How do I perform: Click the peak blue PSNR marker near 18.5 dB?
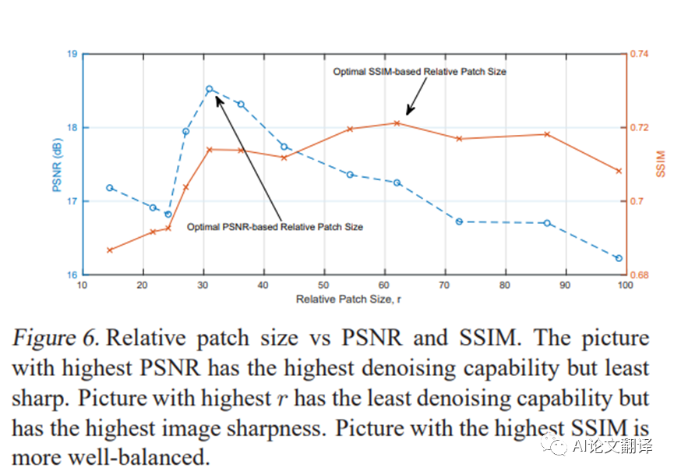tap(210, 89)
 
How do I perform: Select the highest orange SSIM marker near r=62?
tap(397, 123)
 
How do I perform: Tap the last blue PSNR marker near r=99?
tap(619, 258)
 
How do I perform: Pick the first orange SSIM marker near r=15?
tap(110, 250)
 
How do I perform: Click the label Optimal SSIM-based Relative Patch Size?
tap(419, 72)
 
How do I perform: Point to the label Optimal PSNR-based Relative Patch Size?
tap(275, 227)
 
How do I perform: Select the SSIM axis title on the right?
tap(660, 164)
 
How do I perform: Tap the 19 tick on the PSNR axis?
tap(72, 54)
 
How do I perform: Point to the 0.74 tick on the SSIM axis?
tap(640, 54)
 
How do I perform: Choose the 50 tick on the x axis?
tap(323, 285)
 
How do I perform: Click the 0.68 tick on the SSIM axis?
tap(640, 275)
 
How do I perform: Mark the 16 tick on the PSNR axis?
tap(72, 275)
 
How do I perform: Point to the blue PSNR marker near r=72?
tap(459, 222)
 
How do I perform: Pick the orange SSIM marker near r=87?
tap(547, 134)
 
